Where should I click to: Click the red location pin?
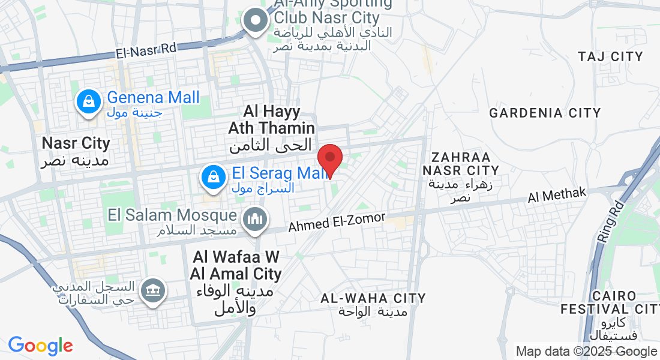point(329,158)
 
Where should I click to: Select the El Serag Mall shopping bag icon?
point(213,176)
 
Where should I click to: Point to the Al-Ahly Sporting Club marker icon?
point(256,21)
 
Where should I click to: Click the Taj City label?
point(610,57)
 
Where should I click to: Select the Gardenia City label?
point(545,113)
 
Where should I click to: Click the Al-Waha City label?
point(373,298)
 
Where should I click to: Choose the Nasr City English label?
point(76,143)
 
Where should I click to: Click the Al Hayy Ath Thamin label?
point(271,119)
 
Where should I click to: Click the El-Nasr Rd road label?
point(146,50)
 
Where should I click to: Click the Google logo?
point(40,346)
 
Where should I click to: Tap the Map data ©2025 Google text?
point(586,352)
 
